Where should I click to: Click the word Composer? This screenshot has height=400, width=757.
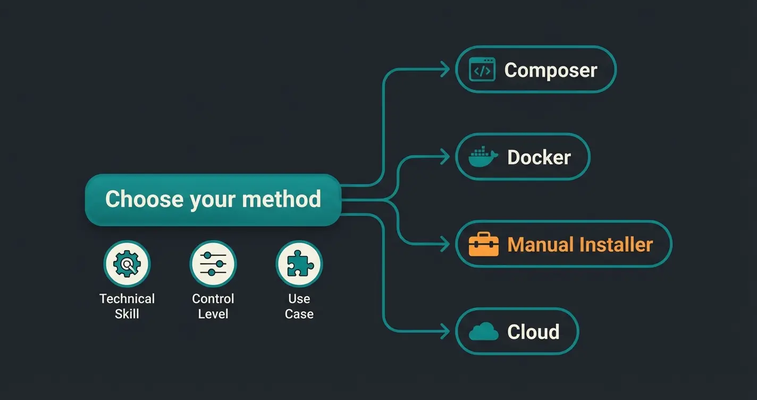point(550,70)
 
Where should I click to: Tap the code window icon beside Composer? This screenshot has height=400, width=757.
point(482,70)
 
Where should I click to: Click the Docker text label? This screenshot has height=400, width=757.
point(539,157)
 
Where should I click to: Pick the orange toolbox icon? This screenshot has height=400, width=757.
point(484,244)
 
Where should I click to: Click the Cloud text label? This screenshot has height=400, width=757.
point(533,332)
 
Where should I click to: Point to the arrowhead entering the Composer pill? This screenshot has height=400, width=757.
point(446,70)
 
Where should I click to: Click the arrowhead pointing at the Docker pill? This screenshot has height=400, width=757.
point(446,157)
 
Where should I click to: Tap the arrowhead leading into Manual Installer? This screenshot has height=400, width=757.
point(446,244)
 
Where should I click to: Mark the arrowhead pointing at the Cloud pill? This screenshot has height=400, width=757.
point(446,331)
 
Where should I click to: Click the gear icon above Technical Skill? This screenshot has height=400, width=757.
point(127,264)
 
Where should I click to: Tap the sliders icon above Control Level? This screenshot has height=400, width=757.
point(213,264)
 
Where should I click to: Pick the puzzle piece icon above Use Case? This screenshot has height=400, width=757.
point(299,264)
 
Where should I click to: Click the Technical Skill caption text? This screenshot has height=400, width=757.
point(127,306)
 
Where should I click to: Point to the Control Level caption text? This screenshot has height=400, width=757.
point(213,306)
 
